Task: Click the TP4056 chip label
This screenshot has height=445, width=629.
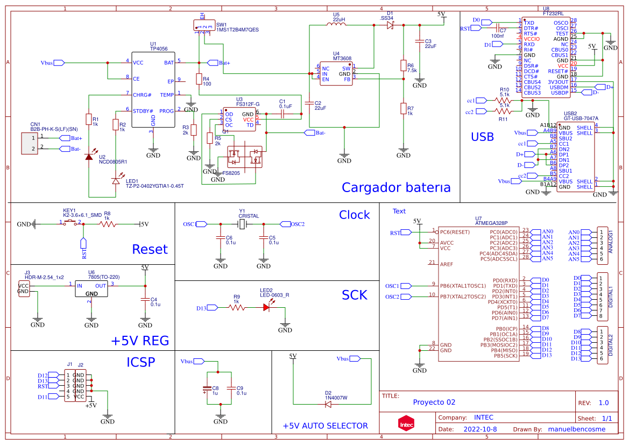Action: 159,48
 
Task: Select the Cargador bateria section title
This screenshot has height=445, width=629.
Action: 395,187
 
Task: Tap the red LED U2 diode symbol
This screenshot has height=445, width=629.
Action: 88,157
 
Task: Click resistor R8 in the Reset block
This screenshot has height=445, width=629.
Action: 107,224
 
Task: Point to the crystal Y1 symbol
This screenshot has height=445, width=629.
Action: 242,224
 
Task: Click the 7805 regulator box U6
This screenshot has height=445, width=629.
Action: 91,289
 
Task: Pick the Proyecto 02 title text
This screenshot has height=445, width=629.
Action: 434,402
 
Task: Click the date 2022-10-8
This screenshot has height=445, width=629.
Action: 480,429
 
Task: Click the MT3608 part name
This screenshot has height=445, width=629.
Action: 342,59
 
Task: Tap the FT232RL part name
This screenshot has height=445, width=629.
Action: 553,13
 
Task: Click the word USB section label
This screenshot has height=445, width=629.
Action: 482,137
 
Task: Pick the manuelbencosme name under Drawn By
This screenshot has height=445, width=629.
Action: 576,429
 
